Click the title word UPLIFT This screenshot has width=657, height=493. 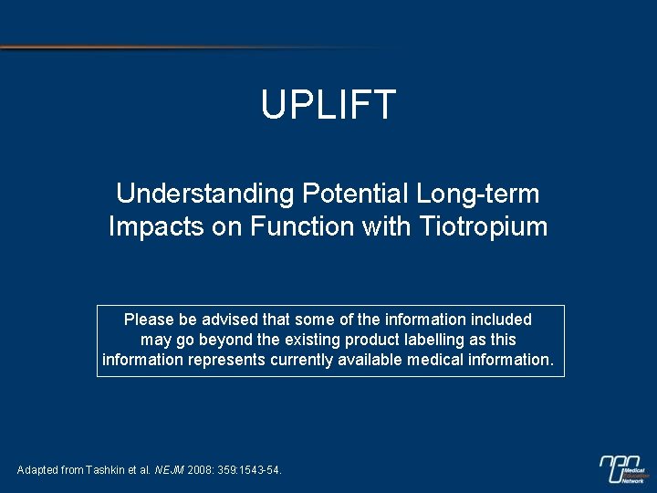coord(328,104)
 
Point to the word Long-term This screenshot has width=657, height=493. coord(477,194)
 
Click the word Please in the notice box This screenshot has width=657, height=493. coord(149,320)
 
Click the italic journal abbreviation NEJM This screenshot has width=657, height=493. coord(169,470)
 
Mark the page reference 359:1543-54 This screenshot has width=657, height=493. coord(253,470)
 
